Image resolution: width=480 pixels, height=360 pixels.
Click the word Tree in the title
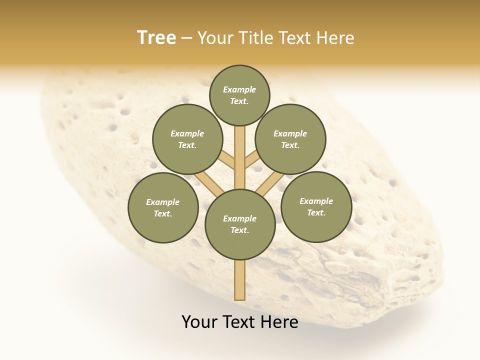point(156,37)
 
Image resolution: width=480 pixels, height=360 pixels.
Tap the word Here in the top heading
point(335,38)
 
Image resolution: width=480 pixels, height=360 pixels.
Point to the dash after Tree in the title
point(186,38)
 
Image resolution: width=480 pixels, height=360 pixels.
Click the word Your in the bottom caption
point(200,322)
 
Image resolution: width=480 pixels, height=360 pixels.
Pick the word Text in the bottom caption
point(240,322)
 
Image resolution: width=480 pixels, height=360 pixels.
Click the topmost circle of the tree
point(239,95)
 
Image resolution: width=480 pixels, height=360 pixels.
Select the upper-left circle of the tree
point(187,139)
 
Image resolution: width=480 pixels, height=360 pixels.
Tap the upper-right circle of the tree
point(290,139)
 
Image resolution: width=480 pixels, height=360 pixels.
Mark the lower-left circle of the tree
point(163,207)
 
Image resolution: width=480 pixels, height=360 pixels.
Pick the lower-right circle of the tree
point(316,206)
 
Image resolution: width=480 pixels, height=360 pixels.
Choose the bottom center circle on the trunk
point(240,224)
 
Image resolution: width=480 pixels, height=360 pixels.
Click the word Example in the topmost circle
point(239,89)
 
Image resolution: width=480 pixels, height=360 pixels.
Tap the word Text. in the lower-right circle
point(316,212)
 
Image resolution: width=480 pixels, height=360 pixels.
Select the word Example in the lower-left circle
point(162,202)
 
